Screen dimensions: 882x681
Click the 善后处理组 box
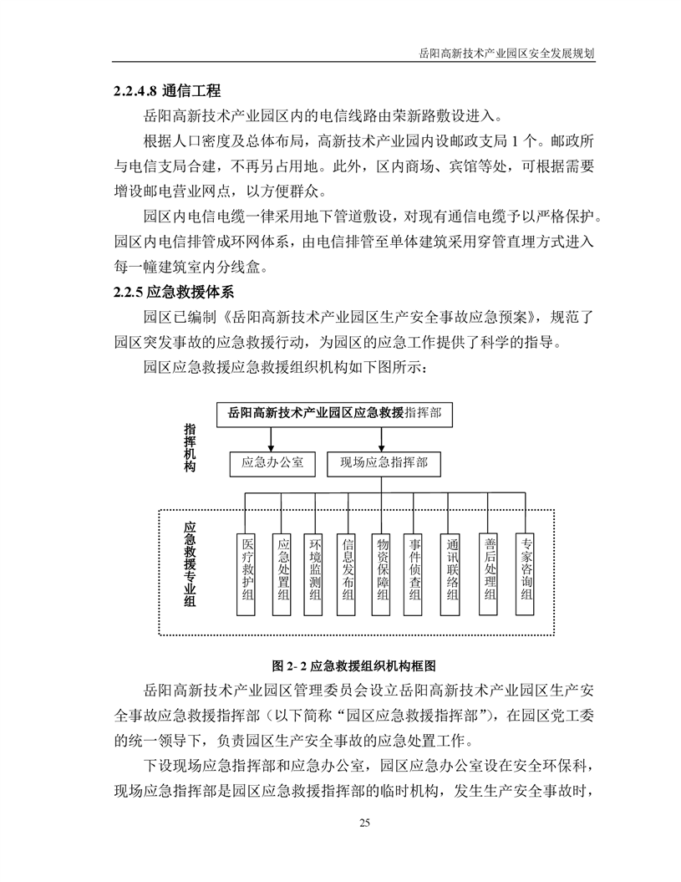coord(490,568)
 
